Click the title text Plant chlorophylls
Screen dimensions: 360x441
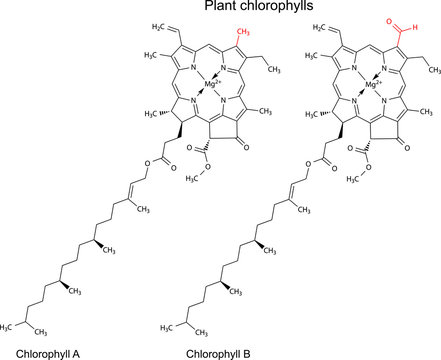coord(257,7)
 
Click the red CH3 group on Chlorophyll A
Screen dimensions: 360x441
coord(243,33)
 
